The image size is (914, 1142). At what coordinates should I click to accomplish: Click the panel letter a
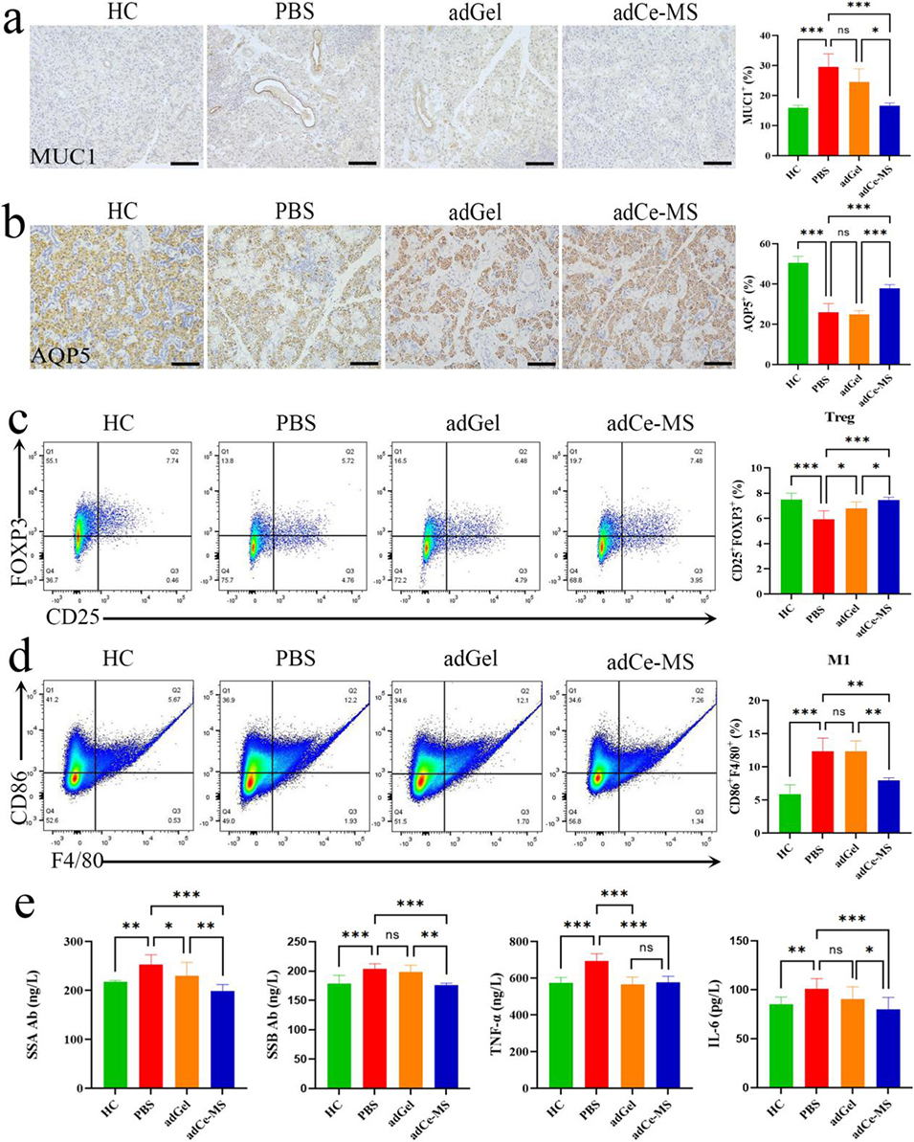12,21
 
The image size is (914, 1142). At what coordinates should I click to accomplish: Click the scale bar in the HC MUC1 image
184,164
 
